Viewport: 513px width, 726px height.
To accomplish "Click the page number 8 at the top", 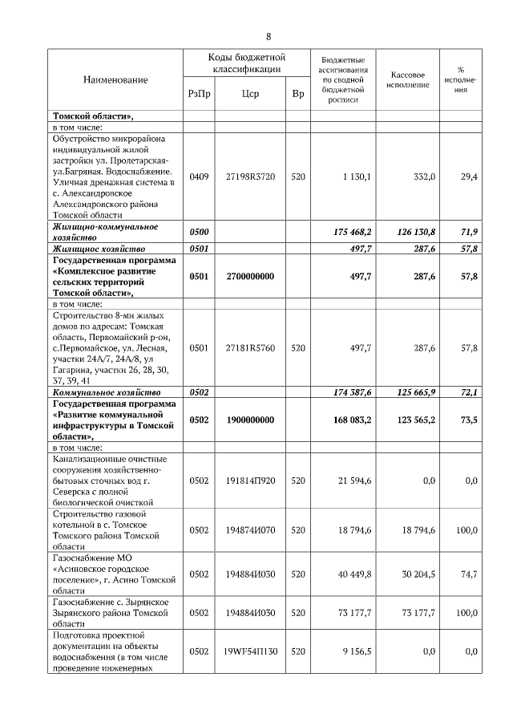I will tap(269, 36).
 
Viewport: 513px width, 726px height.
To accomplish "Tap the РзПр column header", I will tap(199, 94).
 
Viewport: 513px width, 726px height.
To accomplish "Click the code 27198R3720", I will tap(250, 176).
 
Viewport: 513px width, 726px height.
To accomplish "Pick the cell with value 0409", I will tap(199, 176).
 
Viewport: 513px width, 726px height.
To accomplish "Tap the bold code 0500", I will tap(199, 232).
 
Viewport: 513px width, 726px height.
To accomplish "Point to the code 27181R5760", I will tap(250, 348).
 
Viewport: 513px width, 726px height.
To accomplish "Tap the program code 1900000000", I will tap(250, 420).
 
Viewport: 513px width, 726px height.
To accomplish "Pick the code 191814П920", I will tap(250, 481).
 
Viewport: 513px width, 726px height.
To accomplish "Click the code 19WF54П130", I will tap(250, 652).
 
